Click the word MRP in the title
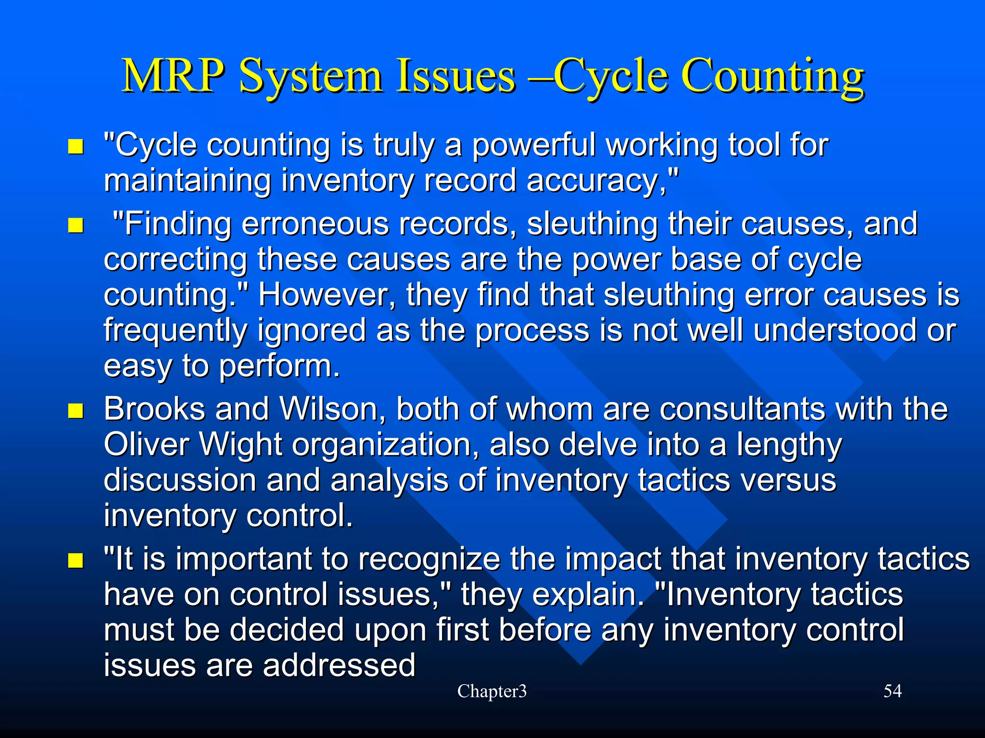pos(173,76)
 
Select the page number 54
pos(892,691)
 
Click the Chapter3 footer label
pos(492,691)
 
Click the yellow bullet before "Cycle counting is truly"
pos(76,146)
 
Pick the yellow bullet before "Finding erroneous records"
pos(76,225)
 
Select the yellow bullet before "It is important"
pos(76,560)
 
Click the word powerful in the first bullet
pos(534,145)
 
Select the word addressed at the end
pos(339,665)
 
